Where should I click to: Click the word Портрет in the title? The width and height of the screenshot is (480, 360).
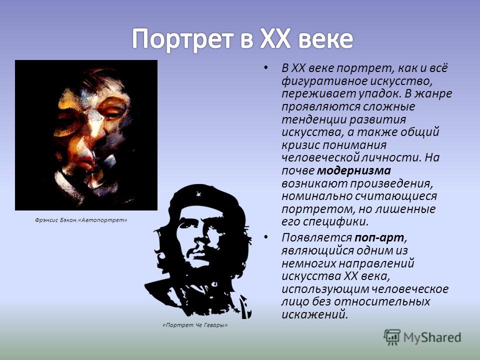183,39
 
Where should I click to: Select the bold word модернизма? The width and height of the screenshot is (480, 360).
354,170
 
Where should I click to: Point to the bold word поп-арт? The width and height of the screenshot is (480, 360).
379,238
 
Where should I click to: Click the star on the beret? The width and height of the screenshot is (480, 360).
198,194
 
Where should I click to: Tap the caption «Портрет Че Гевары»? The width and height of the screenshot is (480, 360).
195,325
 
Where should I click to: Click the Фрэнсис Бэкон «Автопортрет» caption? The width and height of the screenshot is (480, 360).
81,220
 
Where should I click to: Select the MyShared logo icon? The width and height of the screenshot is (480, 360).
392,337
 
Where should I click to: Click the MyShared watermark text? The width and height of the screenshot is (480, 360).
432,337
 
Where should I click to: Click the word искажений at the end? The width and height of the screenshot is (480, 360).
314,314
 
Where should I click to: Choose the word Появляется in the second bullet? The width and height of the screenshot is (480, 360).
316,238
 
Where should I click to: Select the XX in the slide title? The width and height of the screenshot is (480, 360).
275,39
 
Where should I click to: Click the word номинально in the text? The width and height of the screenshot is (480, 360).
316,196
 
